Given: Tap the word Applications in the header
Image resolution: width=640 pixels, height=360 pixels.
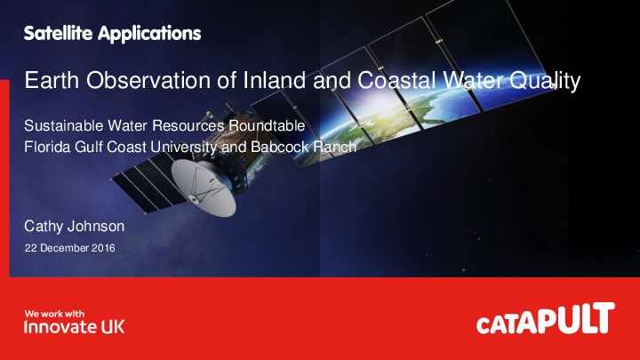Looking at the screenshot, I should tap(147, 36).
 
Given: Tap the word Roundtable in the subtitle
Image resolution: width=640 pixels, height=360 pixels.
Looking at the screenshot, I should tap(267, 126).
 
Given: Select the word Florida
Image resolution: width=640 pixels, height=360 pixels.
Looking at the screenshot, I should tap(44, 146).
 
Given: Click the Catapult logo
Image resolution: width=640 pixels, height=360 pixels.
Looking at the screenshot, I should tap(545, 321).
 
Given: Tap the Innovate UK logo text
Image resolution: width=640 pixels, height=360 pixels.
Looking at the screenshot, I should tap(74, 327).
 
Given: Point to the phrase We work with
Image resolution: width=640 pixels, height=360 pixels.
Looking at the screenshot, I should tap(53, 313).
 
